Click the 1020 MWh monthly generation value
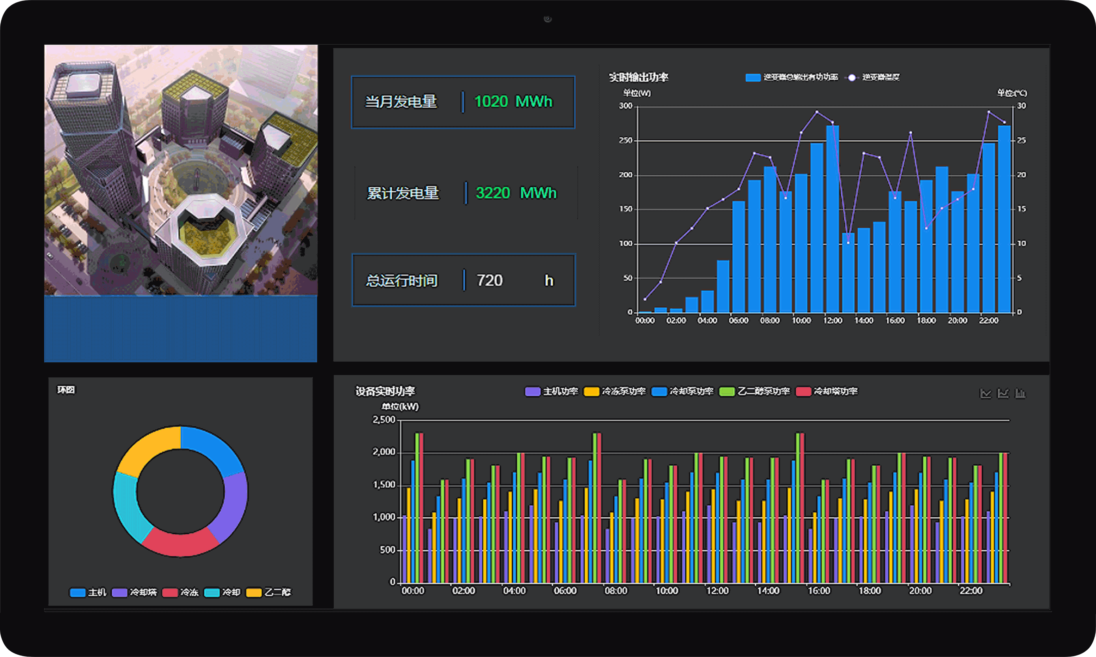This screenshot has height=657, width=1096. (x=513, y=102)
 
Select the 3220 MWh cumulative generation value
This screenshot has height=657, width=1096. (x=516, y=193)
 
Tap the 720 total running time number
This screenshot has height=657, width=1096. (x=489, y=280)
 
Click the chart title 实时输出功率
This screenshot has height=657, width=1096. (x=638, y=77)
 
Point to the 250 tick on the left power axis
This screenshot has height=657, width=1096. (x=625, y=140)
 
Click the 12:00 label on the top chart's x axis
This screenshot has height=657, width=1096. (x=832, y=321)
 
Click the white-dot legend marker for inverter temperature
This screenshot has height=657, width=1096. (x=851, y=77)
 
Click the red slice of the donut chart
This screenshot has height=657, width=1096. (x=180, y=543)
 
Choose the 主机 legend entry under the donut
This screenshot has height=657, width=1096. (x=88, y=592)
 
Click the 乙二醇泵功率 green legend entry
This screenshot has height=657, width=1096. (x=755, y=391)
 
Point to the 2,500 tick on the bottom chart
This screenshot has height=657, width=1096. (x=383, y=420)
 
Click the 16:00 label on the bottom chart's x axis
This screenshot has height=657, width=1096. (x=818, y=591)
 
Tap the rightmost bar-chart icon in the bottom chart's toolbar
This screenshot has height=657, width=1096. (x=1020, y=393)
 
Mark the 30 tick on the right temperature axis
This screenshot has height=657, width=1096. (x=1021, y=106)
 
